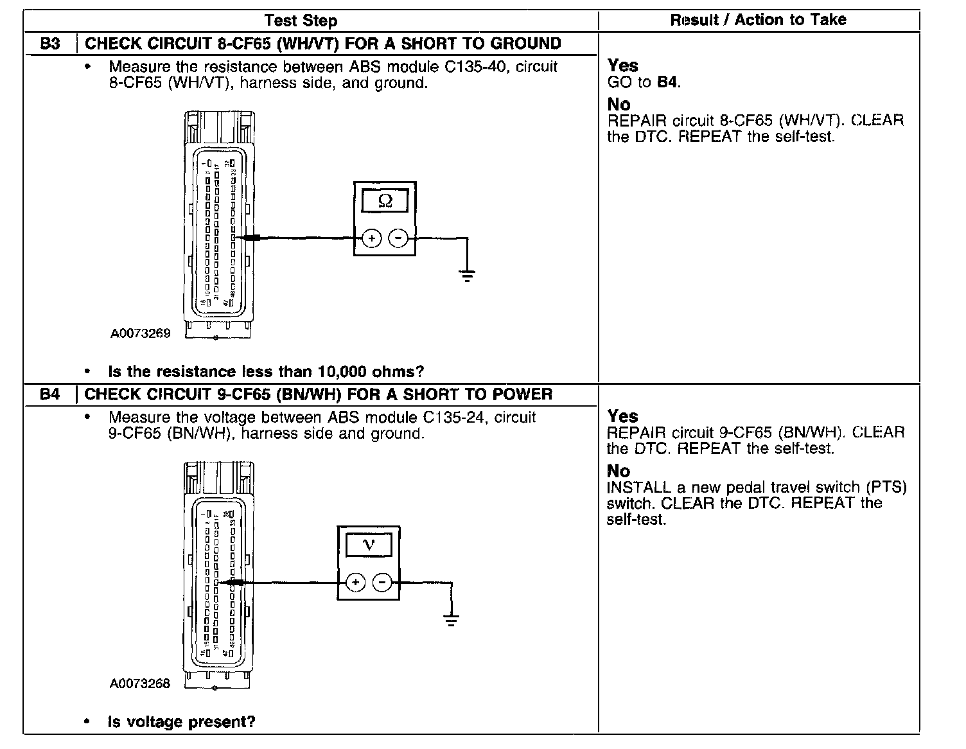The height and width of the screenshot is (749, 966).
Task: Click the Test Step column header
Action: [x=301, y=21]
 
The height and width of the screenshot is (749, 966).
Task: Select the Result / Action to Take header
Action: [x=758, y=20]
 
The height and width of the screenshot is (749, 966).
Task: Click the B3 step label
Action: [x=50, y=44]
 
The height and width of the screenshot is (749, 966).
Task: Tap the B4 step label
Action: [x=49, y=394]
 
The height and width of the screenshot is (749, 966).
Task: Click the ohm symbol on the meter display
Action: [x=385, y=201]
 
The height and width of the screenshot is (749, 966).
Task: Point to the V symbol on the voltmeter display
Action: [x=369, y=545]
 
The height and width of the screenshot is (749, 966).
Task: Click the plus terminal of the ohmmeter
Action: [x=372, y=238]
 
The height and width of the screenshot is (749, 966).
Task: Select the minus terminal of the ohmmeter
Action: [x=399, y=238]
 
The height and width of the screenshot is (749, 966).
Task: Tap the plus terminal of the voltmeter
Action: [x=355, y=583]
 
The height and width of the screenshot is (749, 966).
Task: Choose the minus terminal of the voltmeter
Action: [x=382, y=583]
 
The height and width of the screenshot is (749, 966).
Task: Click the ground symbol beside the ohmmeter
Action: [x=467, y=276]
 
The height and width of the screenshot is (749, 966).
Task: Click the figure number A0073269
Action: [x=141, y=333]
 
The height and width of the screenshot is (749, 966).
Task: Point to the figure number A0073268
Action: [x=141, y=683]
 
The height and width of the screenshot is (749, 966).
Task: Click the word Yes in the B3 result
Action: [x=622, y=66]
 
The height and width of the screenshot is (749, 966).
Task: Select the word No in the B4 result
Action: [x=619, y=471]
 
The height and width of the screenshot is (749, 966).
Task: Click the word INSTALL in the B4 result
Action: [x=639, y=488]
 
